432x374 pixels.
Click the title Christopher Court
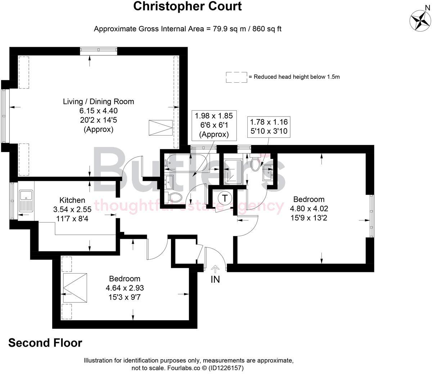(187, 6)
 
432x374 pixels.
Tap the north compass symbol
(420, 20)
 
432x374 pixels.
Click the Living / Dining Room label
(98, 101)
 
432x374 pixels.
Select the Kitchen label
(72, 200)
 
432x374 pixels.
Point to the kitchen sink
(26, 201)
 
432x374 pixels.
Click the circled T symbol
(225, 198)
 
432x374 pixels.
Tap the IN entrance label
(215, 279)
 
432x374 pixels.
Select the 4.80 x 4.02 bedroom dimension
(309, 208)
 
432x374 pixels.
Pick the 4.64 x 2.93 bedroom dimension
(125, 288)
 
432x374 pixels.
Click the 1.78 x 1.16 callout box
(269, 127)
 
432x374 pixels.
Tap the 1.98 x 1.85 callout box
(214, 125)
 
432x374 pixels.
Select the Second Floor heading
(45, 343)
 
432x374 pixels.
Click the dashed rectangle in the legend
(237, 77)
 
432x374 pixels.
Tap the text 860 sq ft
(267, 29)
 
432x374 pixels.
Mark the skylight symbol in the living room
(161, 127)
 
